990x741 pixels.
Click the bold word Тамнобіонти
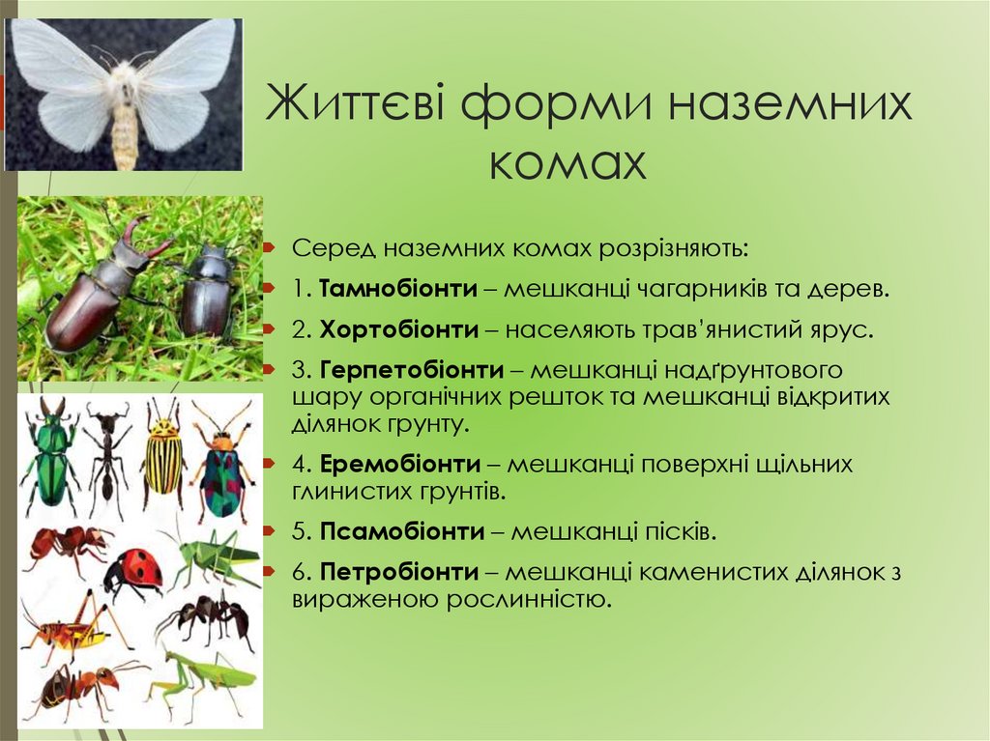[x=398, y=288]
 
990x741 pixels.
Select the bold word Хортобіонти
[x=399, y=329]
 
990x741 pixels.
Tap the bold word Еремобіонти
[x=400, y=464]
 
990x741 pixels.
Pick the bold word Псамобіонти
[x=402, y=530]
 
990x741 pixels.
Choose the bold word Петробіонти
[x=400, y=571]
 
